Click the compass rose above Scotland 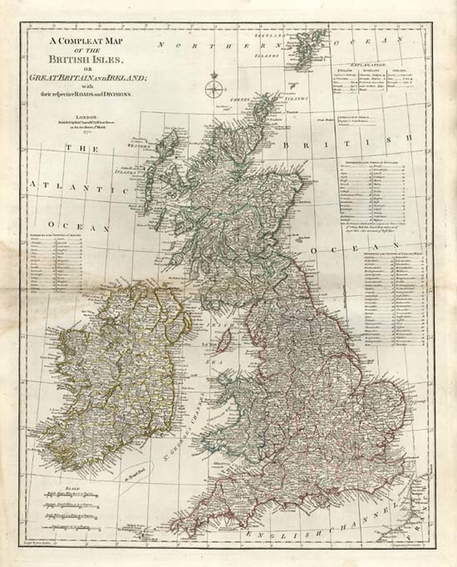point(215,86)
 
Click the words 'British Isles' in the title point(88,59)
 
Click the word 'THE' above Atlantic point(83,149)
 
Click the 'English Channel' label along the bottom point(326,523)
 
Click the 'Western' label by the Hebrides point(137,145)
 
